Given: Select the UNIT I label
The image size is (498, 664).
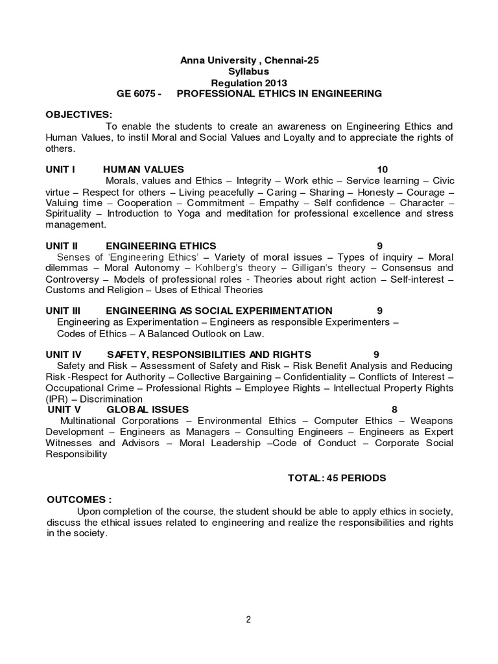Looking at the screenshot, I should coord(60,169).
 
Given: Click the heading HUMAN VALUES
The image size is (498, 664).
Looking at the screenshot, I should coord(143,169).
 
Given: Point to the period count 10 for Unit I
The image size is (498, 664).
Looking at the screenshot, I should coord(382,169).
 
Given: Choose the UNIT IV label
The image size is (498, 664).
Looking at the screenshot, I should coord(64,354).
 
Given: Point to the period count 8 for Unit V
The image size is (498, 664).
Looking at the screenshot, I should coord(394,409).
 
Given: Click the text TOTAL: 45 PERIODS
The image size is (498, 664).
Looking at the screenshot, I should coord(337,478).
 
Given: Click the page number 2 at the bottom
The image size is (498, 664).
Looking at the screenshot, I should coord(248,619).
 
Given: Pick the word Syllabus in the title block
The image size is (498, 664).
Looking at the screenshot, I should coord(249,71).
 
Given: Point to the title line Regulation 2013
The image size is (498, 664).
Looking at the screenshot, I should coord(249,82).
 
